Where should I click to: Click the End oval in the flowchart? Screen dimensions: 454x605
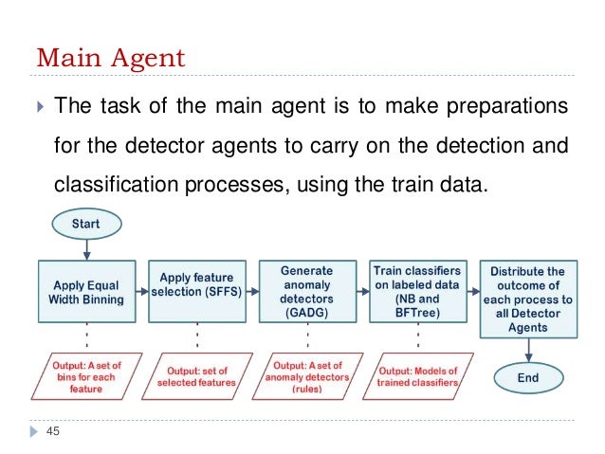(529, 377)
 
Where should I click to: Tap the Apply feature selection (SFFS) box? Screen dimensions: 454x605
(196, 284)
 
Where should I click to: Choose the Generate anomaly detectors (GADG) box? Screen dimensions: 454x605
(306, 293)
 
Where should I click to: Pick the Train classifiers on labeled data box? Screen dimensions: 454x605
(418, 293)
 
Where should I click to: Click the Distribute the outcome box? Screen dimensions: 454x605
(529, 300)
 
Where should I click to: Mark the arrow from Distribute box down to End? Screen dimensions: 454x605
(529, 352)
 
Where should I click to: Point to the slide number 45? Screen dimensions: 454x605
(52, 431)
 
